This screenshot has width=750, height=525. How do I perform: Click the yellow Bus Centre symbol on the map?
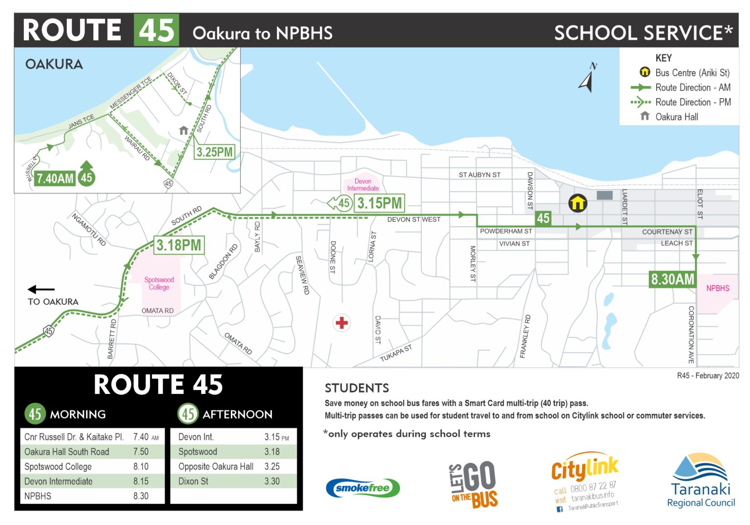577,203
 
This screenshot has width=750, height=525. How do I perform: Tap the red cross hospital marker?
342,323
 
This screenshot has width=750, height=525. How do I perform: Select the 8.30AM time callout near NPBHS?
672,279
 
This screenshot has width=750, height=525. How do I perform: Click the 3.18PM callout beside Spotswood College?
178,245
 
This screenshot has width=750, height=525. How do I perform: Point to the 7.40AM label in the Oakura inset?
55,178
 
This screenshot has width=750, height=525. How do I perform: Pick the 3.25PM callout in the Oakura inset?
214,152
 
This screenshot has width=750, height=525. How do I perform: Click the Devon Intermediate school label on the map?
363,185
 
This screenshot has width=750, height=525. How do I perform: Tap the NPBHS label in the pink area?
717,288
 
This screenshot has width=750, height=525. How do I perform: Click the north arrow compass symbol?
587,78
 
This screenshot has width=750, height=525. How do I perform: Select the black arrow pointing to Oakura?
41,289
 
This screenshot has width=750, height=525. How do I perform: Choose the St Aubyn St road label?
479,175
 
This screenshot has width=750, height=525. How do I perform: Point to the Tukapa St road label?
396,352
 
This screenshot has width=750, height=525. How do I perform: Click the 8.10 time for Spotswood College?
141,466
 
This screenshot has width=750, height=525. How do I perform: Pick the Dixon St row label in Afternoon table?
193,481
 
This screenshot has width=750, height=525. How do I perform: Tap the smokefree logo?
362,487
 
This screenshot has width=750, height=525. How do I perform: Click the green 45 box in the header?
156,30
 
